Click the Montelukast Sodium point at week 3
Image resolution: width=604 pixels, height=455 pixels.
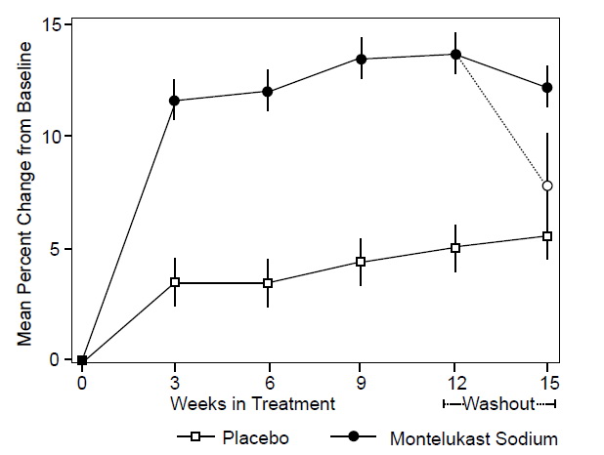pyautogui.click(x=175, y=101)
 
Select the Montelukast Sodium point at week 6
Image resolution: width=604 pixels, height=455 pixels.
pyautogui.click(x=268, y=92)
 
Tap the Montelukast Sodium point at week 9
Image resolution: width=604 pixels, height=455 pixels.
pyautogui.click(x=361, y=59)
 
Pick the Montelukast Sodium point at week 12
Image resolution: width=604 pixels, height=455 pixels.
pyautogui.click(x=454, y=55)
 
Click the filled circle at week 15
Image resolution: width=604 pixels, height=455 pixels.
pyautogui.click(x=547, y=88)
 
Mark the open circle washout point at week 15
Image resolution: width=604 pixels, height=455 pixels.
pyautogui.click(x=547, y=186)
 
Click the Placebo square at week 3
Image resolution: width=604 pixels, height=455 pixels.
pyautogui.click(x=175, y=282)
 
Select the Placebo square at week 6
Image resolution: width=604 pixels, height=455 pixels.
pyautogui.click(x=268, y=283)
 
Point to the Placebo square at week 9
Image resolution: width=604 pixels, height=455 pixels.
pyautogui.click(x=361, y=262)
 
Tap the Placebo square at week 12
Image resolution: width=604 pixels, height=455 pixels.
pyautogui.click(x=454, y=247)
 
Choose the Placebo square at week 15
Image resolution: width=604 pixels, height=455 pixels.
pyautogui.click(x=547, y=236)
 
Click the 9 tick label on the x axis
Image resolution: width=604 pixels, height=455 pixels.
pyautogui.click(x=361, y=381)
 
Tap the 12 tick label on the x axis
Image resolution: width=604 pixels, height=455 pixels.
pyautogui.click(x=454, y=381)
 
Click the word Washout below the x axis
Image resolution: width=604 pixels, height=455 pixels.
pyautogui.click(x=498, y=403)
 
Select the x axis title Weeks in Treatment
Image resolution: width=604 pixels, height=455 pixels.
pyautogui.click(x=252, y=403)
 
